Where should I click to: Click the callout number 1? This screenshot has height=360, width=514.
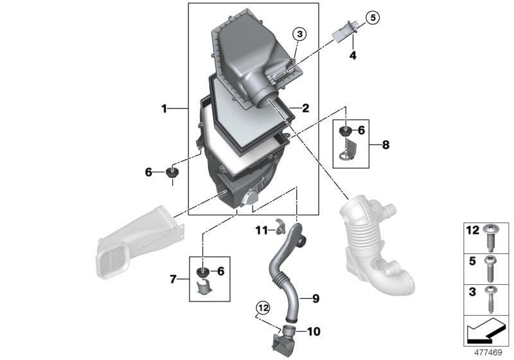164,109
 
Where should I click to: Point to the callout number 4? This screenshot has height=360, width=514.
352,56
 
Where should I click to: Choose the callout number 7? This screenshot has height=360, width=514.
173,278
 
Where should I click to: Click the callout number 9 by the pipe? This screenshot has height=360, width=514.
315,298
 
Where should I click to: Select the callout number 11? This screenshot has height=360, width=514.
261,230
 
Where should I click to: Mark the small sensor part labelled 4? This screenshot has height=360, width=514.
346,30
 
